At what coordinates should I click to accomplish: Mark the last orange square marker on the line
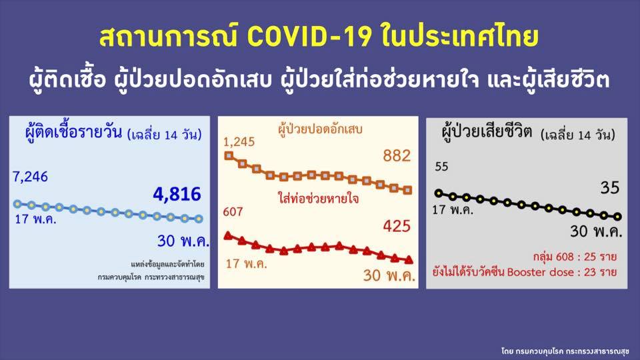(x=409, y=190)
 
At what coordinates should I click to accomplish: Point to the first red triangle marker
(x=228, y=235)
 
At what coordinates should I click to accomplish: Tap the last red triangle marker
(x=409, y=259)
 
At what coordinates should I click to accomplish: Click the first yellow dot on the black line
(x=438, y=193)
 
